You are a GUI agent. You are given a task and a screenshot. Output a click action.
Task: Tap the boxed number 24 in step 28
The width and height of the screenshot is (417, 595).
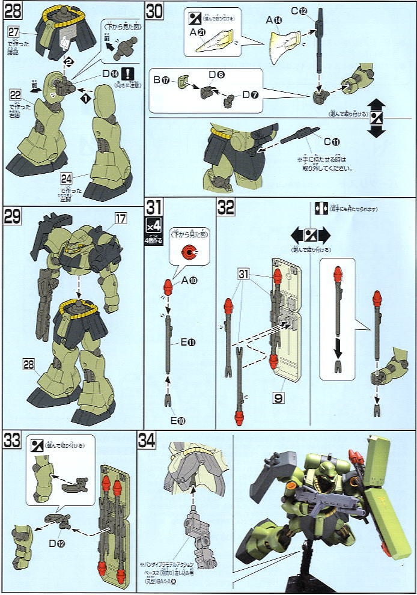[x=65, y=177]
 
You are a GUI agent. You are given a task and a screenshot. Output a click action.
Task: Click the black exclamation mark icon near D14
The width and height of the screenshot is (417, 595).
[x=128, y=74]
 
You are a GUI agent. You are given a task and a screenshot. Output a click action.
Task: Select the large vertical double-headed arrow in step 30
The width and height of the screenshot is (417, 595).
[x=376, y=117]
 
